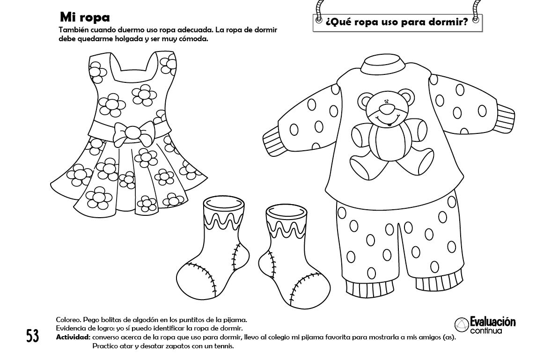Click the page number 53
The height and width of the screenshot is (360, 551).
32,336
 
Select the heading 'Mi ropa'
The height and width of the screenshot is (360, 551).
85,17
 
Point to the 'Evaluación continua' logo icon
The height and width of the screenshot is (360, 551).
461,324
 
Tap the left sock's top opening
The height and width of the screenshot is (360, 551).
225,204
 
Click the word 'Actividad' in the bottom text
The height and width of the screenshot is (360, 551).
72,337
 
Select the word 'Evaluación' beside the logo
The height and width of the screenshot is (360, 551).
492,322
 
